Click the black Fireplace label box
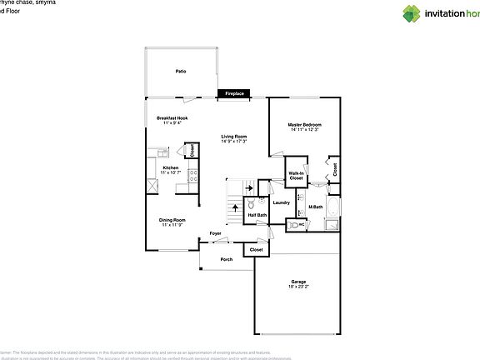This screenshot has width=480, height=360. point(234,94)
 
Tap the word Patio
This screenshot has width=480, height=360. point(180,72)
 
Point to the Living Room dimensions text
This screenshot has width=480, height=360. point(233,141)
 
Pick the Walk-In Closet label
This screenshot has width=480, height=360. point(296,176)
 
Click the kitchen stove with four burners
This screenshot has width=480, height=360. point(192,176)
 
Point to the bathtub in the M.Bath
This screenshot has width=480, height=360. point(332,207)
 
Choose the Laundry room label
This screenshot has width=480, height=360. point(281,202)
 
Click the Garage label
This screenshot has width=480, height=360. point(297,282)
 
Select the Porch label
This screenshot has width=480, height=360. point(226,259)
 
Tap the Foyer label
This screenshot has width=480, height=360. point(215,233)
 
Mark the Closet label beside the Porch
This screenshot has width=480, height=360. point(256,249)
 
